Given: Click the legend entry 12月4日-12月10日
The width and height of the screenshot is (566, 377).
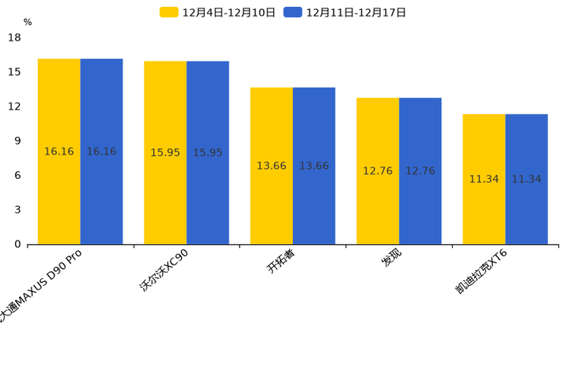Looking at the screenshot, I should point(218,12).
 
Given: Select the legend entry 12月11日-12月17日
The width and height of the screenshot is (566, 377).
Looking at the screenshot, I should point(345,12).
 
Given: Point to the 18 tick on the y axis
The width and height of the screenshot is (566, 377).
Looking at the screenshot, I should point(14,37).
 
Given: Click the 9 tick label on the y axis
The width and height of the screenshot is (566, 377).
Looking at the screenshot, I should point(17,141).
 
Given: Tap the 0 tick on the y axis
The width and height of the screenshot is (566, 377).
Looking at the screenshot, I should point(17,244).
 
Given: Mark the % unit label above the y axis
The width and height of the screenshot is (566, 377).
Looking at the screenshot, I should point(27,22).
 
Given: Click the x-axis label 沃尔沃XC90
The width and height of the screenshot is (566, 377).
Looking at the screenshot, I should point(164,271).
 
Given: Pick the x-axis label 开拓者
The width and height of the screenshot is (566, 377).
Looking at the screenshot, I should point(281,261).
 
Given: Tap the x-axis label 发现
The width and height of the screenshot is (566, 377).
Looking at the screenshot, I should point(391,258).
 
